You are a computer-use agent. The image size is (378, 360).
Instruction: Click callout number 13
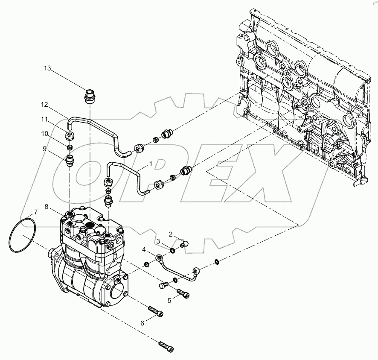point(47,68)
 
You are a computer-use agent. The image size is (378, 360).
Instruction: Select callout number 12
point(45,105)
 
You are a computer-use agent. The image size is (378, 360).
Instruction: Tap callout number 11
point(45,120)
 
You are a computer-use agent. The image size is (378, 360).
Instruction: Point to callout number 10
point(45,134)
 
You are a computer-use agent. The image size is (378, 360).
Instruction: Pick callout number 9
point(44,149)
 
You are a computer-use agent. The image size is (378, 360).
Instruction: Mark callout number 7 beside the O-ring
point(36,212)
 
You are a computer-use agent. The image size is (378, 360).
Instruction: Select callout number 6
point(142,323)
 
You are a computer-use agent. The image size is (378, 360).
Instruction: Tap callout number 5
point(169,300)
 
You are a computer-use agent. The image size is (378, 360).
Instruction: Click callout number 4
point(144,249)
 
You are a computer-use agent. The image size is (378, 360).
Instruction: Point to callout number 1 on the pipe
point(150,163)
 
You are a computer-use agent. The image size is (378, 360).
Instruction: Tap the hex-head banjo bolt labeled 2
point(185,245)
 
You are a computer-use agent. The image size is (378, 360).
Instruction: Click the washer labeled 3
point(173,250)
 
